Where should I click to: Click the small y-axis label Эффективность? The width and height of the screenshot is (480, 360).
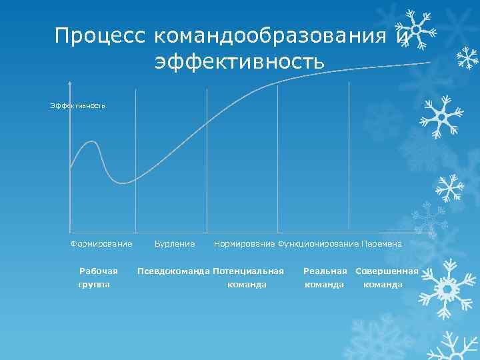(78, 105)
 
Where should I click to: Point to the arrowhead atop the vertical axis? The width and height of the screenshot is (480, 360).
(70, 85)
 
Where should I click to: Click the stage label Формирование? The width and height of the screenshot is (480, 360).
(101, 244)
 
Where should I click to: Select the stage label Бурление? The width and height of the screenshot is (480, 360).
(175, 244)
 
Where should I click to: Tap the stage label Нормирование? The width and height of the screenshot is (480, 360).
(244, 244)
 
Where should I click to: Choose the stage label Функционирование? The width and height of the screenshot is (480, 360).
(318, 244)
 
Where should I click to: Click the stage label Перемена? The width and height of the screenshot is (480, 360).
(381, 244)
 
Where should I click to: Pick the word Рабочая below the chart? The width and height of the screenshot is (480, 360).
(99, 271)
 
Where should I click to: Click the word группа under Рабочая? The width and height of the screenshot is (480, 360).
(95, 285)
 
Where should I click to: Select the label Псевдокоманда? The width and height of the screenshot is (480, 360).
(173, 271)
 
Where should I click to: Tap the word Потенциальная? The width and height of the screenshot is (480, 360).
(249, 271)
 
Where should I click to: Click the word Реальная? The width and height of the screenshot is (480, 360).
(325, 271)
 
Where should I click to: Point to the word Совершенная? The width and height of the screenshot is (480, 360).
(387, 271)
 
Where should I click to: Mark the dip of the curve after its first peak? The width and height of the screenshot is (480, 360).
(123, 182)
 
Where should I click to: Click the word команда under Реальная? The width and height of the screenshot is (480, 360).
(324, 285)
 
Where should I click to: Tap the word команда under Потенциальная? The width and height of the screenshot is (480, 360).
(247, 285)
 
